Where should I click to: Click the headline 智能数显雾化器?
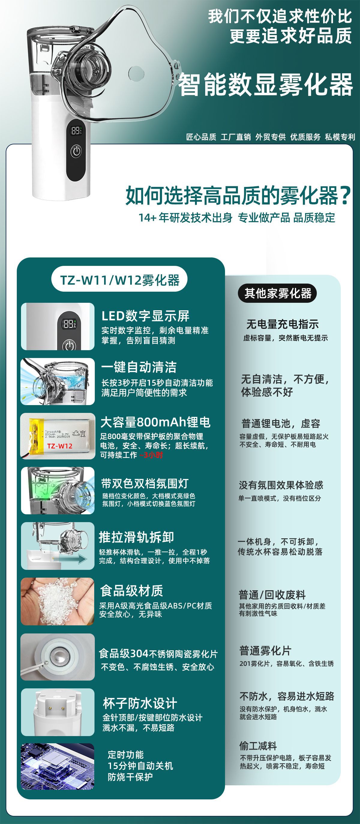265,85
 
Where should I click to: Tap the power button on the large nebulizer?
76,151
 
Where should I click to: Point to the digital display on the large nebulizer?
76,131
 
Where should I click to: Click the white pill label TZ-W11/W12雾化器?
119,280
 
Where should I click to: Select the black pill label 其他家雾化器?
277,293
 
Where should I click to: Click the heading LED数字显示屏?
145,316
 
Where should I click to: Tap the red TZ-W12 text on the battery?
60,446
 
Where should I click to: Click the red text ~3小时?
151,455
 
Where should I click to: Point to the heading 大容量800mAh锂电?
155,422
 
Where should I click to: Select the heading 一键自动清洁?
139,367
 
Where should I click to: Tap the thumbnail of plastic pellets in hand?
58,601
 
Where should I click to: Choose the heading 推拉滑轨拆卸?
136,537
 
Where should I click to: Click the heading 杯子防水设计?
140,703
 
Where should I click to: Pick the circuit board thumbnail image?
58,766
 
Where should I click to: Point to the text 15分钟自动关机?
140,766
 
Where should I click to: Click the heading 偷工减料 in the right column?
258,746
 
